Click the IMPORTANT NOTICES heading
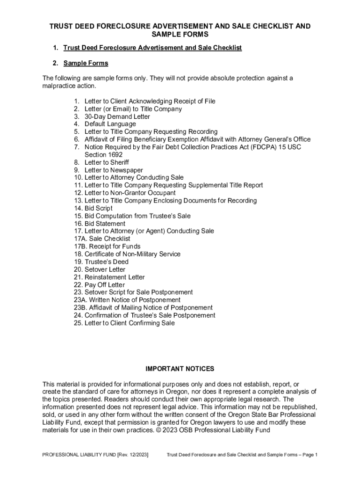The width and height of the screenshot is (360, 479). [180, 369]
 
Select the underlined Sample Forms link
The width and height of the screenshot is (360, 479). [86, 63]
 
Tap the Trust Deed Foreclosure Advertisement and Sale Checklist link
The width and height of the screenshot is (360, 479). [152, 48]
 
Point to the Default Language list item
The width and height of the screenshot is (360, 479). [110, 124]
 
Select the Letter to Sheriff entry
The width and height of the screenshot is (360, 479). [106, 162]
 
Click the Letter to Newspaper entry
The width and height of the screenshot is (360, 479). [114, 170]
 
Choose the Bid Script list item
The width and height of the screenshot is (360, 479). [98, 208]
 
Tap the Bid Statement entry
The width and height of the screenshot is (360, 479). [105, 224]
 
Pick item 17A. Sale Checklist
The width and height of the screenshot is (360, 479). [101, 239]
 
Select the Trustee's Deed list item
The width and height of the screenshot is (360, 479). [106, 262]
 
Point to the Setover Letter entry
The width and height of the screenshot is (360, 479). [105, 269]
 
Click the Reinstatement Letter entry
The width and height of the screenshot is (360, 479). [115, 277]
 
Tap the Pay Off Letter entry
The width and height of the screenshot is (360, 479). [104, 284]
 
